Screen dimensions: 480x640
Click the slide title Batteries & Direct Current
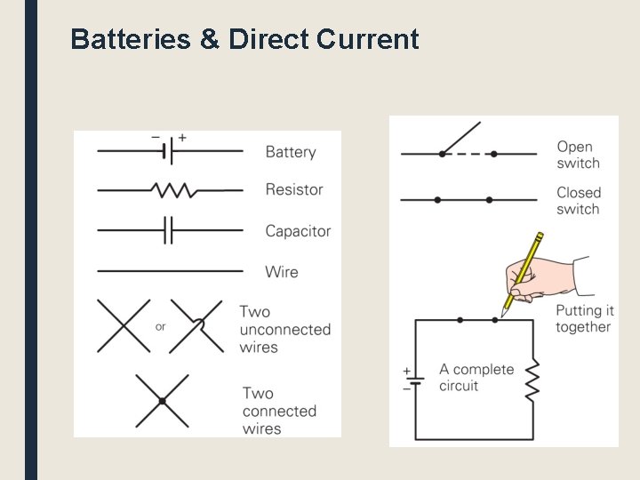pos(244,40)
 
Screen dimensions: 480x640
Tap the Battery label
pos(291,152)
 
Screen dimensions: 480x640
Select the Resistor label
pos(294,189)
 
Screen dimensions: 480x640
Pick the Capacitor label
pos(298,231)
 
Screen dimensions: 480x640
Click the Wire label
pos(282,272)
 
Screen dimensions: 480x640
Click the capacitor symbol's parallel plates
pos(168,231)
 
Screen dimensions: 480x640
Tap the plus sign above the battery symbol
pos(182,138)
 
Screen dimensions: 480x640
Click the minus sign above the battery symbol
pos(156,138)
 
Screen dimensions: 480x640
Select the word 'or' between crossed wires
pos(160,326)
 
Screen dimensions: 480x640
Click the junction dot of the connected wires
pos(162,401)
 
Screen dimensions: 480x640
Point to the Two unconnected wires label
pos(284,329)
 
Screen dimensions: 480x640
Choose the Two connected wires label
pos(279,411)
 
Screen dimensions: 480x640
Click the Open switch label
pos(578,155)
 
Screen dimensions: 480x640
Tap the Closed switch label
pos(579,201)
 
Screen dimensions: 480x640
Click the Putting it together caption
pos(584,318)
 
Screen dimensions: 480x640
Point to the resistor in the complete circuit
pos(532,380)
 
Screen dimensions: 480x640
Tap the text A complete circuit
pos(476,378)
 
